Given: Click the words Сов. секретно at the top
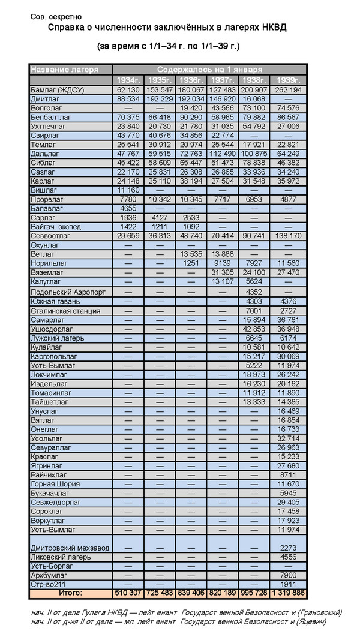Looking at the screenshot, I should click(56, 17).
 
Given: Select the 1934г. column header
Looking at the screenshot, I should click(128, 80).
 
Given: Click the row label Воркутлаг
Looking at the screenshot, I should click(50, 521).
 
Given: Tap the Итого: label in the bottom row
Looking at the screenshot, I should click(70, 593).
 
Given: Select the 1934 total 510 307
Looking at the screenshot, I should click(128, 593).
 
